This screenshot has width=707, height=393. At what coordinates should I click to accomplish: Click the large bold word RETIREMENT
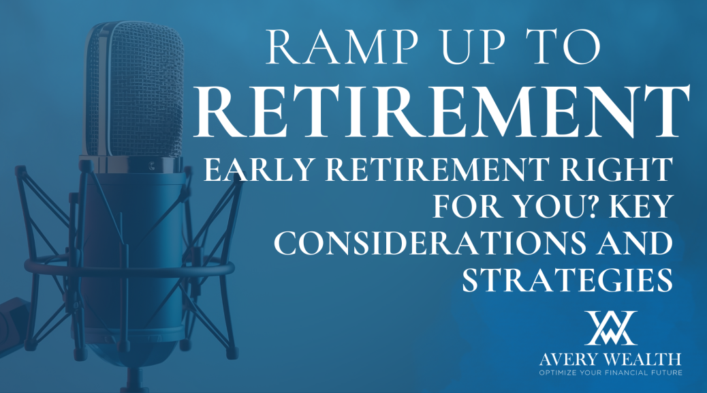coord(441,113)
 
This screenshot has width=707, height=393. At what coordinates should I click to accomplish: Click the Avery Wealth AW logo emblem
coord(610,327)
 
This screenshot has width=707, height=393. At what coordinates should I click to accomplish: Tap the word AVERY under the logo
coord(569,360)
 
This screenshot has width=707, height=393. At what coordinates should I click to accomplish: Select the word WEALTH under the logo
coord(642,360)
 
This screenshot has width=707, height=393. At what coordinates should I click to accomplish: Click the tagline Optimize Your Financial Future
coord(610,373)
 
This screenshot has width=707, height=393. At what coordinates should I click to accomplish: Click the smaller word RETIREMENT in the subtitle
coord(434,169)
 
